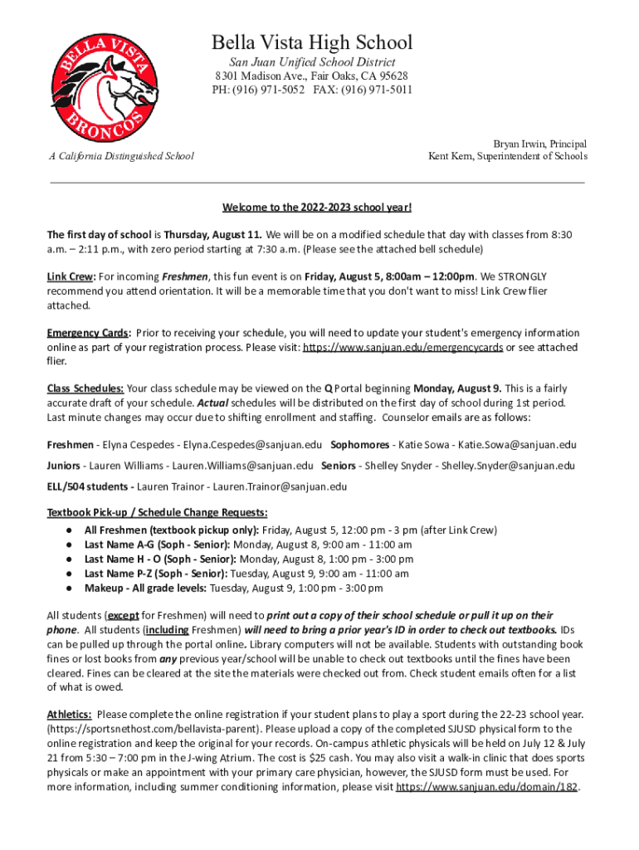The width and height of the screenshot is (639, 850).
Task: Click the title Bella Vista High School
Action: pos(311,42)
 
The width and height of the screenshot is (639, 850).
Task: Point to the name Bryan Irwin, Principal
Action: pos(540,144)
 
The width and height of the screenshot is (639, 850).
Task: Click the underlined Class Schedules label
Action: pos(85,388)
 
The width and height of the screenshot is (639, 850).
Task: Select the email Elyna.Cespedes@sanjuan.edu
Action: pos(253,444)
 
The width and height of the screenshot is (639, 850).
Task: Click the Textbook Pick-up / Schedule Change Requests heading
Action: pos(157,512)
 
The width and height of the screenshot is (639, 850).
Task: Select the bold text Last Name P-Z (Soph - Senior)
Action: pos(157,574)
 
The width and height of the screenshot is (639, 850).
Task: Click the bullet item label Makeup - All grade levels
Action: pos(145,589)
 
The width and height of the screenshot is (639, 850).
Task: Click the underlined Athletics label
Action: pos(70,714)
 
